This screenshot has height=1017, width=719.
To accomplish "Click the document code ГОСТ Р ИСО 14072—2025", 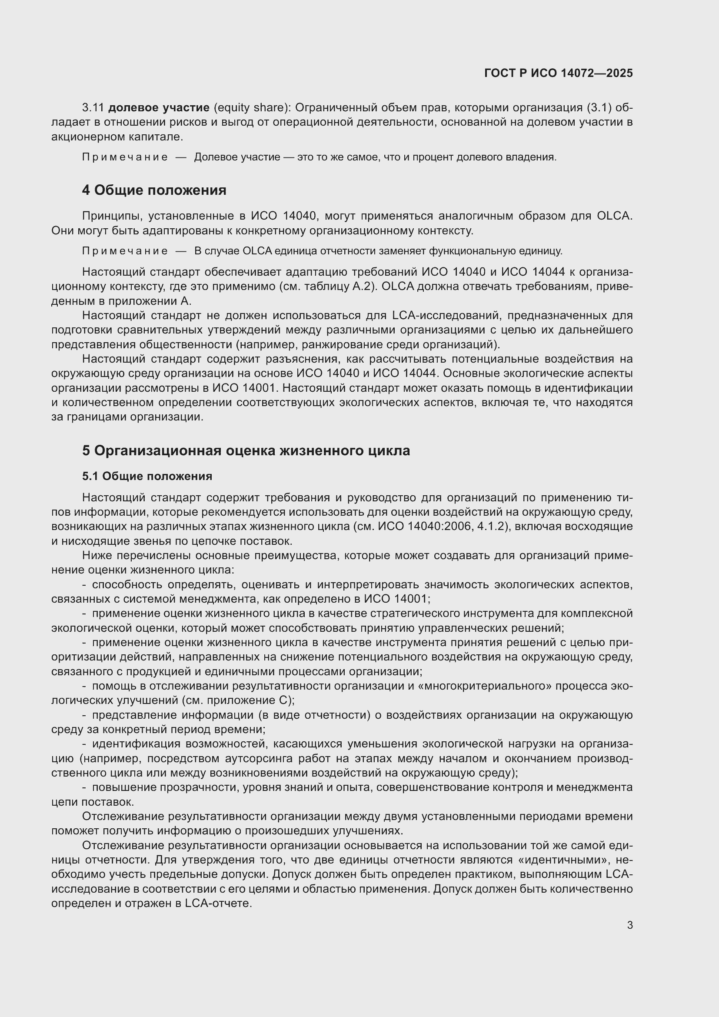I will click(558, 73).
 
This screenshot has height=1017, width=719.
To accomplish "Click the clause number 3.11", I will click(93, 108).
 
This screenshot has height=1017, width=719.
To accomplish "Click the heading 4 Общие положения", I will click(154, 190).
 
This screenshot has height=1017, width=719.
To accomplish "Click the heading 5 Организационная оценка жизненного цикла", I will click(246, 450).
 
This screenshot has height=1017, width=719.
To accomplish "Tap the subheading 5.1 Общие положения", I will click(147, 476).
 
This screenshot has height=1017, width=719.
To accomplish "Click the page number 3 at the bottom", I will click(629, 925).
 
